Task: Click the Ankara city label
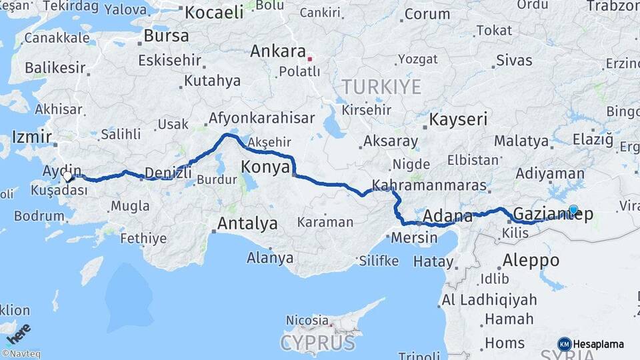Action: pos(277,52)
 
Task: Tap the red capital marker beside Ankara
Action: pos(309,59)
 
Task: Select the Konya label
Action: pos(265,166)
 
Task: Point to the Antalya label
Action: pos(247,224)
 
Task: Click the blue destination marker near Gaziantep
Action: pos(573,210)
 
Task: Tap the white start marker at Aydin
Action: pos(67,177)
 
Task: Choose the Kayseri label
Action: pos(458,120)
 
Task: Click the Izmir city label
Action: pos(31,138)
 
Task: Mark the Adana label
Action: pos(443,216)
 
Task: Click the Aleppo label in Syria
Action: pos(531,259)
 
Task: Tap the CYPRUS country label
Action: pos(317,343)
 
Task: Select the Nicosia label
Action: pos(307,321)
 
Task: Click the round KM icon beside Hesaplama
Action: pos(565,344)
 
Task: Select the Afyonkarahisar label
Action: pos(261,119)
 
